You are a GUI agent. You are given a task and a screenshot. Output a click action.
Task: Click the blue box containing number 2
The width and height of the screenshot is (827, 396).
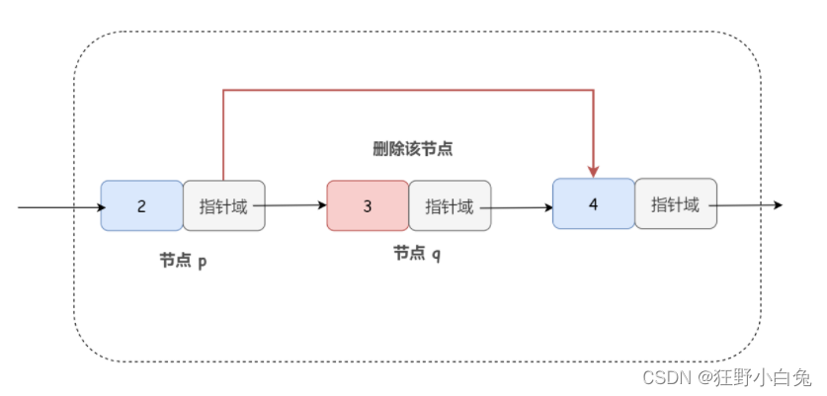141,205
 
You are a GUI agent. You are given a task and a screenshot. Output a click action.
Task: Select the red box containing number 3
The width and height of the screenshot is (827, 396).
368,205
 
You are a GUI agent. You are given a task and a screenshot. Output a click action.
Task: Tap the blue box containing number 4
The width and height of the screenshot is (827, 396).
593,203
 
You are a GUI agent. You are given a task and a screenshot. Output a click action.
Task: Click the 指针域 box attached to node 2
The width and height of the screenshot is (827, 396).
224,205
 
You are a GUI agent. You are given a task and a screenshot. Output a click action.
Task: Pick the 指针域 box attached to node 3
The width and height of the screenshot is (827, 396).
450,205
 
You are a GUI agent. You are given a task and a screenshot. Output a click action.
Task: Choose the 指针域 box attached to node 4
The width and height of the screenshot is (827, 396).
675,203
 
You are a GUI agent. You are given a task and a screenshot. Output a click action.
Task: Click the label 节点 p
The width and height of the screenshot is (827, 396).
184,261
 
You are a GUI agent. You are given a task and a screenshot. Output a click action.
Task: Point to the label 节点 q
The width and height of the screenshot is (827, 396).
417,254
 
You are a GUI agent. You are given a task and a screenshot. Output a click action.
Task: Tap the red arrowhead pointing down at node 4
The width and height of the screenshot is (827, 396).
594,169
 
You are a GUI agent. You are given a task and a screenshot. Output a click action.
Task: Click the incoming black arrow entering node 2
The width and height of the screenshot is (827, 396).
59,207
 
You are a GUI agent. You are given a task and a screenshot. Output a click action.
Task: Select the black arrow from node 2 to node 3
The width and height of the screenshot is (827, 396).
294,205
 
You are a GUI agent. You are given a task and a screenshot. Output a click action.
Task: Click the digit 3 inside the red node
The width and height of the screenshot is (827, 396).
368,206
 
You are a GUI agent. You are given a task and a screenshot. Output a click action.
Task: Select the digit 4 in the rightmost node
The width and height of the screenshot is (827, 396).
593,203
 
